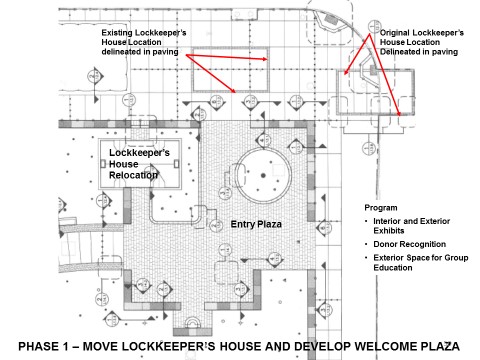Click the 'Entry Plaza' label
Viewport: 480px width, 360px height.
(256, 224)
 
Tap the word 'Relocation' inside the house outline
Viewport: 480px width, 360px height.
(133, 175)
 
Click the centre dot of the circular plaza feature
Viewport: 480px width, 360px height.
(263, 175)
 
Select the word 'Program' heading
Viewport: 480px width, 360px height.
(381, 208)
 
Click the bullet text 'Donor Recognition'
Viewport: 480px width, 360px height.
(410, 244)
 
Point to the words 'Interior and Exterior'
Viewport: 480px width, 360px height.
(412, 221)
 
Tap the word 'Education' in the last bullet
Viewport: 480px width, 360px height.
(393, 268)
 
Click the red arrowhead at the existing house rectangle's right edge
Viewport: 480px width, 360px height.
(265, 59)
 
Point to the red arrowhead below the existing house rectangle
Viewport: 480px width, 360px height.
(233, 90)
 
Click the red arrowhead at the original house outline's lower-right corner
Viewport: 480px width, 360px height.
(399, 113)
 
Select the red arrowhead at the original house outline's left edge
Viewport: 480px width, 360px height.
(346, 72)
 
